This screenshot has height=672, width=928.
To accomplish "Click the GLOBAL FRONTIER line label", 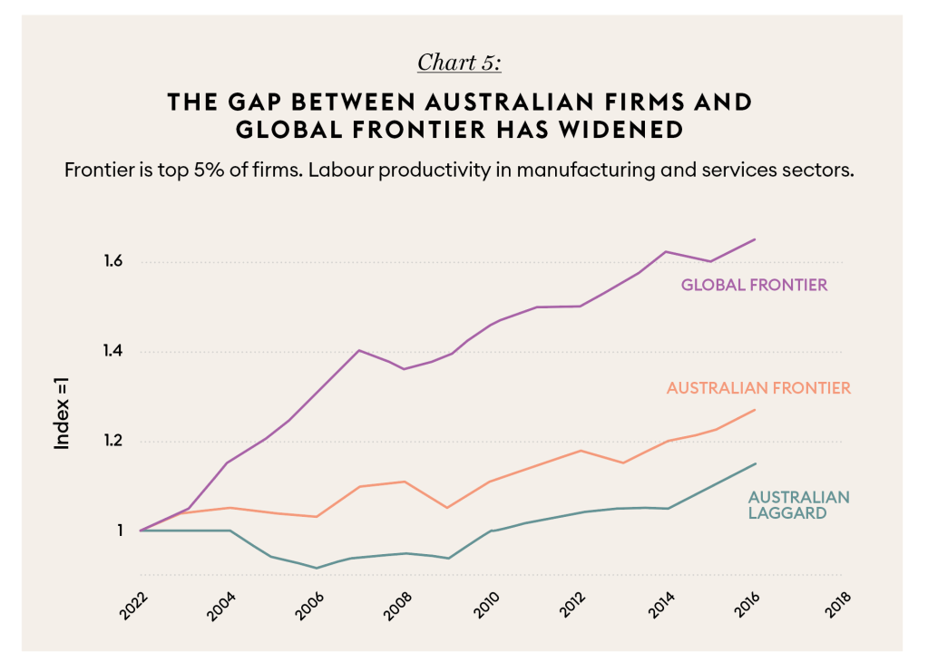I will tap(754, 285).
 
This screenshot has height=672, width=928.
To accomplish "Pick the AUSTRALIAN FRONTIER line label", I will tap(758, 388).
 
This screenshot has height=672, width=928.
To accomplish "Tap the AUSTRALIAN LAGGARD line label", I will tap(798, 504).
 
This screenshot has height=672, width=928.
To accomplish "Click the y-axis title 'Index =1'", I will tap(63, 414).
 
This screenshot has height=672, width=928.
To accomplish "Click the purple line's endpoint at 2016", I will tap(756, 239).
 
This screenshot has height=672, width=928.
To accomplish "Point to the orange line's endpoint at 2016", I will tap(756, 409).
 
